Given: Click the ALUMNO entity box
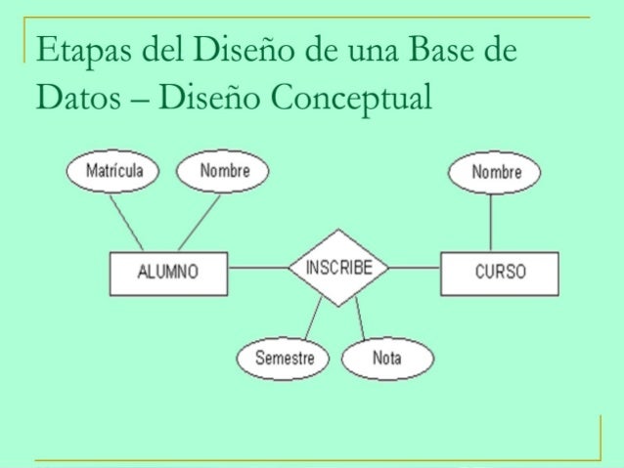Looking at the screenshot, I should coord(168,272).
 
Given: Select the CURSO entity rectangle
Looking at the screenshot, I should coord(500,272).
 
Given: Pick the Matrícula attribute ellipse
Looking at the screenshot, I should coord(113,172).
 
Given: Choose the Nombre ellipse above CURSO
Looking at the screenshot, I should coord(495,173).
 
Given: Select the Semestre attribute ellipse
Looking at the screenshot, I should coord(285,359).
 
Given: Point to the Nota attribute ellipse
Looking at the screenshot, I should coord(386,359).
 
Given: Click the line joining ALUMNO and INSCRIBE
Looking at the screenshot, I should coord(257,268).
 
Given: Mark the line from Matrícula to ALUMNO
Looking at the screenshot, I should coord(126,222).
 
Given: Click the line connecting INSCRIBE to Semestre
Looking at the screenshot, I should coord(312,317).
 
